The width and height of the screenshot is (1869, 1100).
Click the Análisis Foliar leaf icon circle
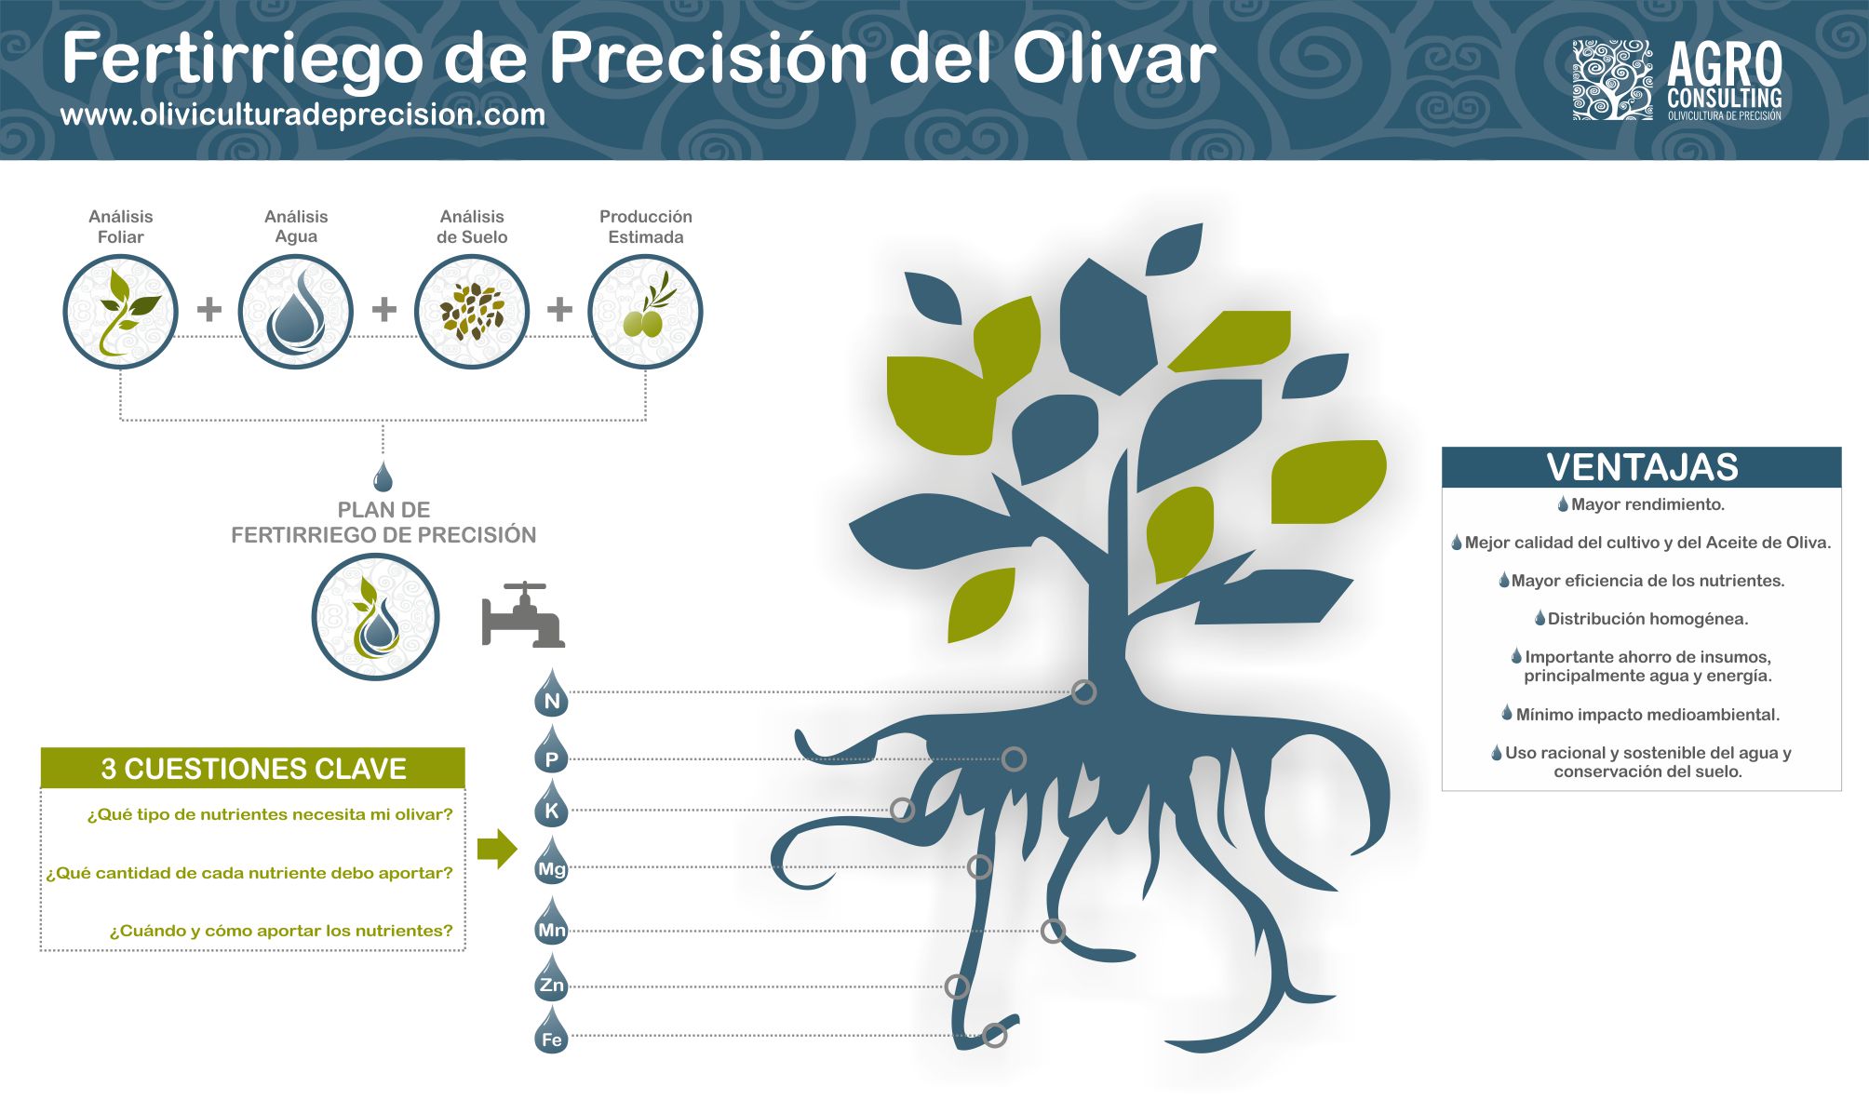(x=120, y=312)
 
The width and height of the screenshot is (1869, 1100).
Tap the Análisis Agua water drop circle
(x=296, y=312)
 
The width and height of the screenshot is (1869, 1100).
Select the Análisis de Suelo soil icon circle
(x=472, y=312)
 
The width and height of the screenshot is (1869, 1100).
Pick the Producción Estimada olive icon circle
(x=646, y=312)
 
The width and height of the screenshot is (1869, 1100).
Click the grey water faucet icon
(x=523, y=615)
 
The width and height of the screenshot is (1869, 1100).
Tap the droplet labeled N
(x=552, y=693)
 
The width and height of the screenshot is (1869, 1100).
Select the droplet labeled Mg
(x=552, y=862)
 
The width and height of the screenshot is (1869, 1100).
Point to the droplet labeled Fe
(x=552, y=1030)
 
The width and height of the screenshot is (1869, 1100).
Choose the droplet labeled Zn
(x=552, y=977)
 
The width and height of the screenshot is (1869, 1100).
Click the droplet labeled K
(x=552, y=804)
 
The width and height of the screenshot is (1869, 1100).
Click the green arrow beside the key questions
(x=497, y=848)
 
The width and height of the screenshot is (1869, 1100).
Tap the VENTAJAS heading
(x=1642, y=467)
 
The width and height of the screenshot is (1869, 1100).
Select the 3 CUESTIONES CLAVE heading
(x=253, y=769)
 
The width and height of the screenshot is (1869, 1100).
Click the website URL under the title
(x=303, y=114)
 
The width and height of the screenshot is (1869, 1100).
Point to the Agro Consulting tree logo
(x=1612, y=80)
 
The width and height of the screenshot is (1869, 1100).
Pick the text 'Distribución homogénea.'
(x=1647, y=619)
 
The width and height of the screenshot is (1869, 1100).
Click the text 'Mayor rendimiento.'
(x=1647, y=504)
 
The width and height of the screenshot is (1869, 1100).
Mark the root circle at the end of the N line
(x=1083, y=691)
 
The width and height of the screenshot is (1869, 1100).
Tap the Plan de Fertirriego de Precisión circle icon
(x=375, y=617)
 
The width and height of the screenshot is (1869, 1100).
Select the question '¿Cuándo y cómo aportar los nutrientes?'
(x=281, y=931)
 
